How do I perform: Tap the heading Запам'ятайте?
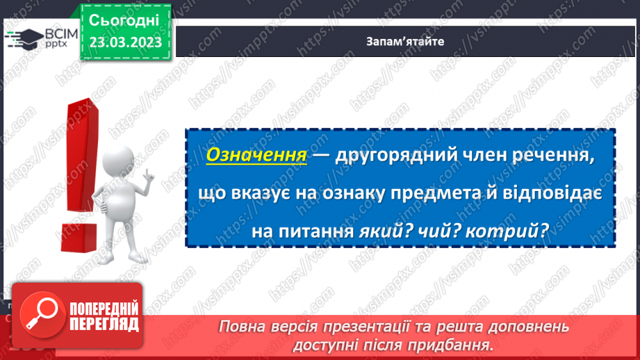click(406, 41)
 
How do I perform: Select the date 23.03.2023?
click(125, 42)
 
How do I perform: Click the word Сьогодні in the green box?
click(124, 19)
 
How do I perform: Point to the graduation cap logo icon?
click(26, 38)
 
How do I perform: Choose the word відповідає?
click(552, 196)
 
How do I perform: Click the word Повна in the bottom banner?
click(240, 327)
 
